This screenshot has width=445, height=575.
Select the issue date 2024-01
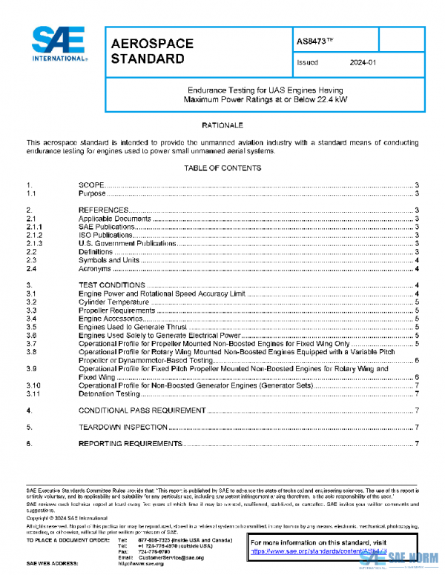coord(363,63)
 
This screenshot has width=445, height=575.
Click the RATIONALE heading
coord(222,125)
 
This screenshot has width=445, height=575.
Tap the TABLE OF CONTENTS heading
coord(222,168)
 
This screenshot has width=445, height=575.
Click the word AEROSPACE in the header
coord(152,44)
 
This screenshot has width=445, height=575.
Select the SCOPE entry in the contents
coord(91,185)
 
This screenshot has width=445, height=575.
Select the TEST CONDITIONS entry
coord(112,285)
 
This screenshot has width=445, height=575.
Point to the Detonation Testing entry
coord(109,393)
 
